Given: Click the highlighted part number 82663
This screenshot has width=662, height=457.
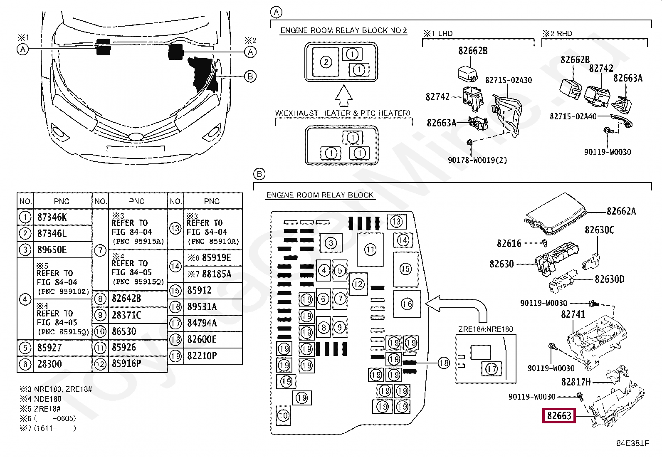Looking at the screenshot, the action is coord(558,415).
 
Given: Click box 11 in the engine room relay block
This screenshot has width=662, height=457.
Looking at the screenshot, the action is coord(371,250).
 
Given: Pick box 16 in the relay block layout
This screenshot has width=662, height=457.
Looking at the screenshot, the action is coord(407,304).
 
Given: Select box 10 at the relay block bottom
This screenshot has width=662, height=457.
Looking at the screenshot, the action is coord(283,415).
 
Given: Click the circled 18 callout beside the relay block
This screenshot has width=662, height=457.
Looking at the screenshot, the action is coord(444,363).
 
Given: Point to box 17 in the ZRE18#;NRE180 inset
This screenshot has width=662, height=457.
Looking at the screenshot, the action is coord(491,368).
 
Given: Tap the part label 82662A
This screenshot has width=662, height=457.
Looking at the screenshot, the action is coord(621,211).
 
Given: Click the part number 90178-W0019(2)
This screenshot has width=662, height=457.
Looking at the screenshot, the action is coord(477,160).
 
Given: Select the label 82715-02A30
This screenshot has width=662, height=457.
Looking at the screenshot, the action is coord(508,80).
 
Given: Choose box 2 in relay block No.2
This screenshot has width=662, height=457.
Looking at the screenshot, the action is coord(326,62).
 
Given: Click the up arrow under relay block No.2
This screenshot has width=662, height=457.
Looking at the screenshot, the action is coord(343,96).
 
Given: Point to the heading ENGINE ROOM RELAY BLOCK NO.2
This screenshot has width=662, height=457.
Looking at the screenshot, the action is coord(343,30).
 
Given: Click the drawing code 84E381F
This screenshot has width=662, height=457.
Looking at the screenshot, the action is coord(632,443).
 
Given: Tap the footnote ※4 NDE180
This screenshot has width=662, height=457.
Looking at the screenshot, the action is coord(40,399).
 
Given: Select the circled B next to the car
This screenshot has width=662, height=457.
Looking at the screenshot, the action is coord(250,77).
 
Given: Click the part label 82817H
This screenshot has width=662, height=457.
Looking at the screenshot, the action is coord(576,382).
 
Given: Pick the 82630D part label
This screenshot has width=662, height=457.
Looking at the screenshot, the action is coord(609,279).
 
